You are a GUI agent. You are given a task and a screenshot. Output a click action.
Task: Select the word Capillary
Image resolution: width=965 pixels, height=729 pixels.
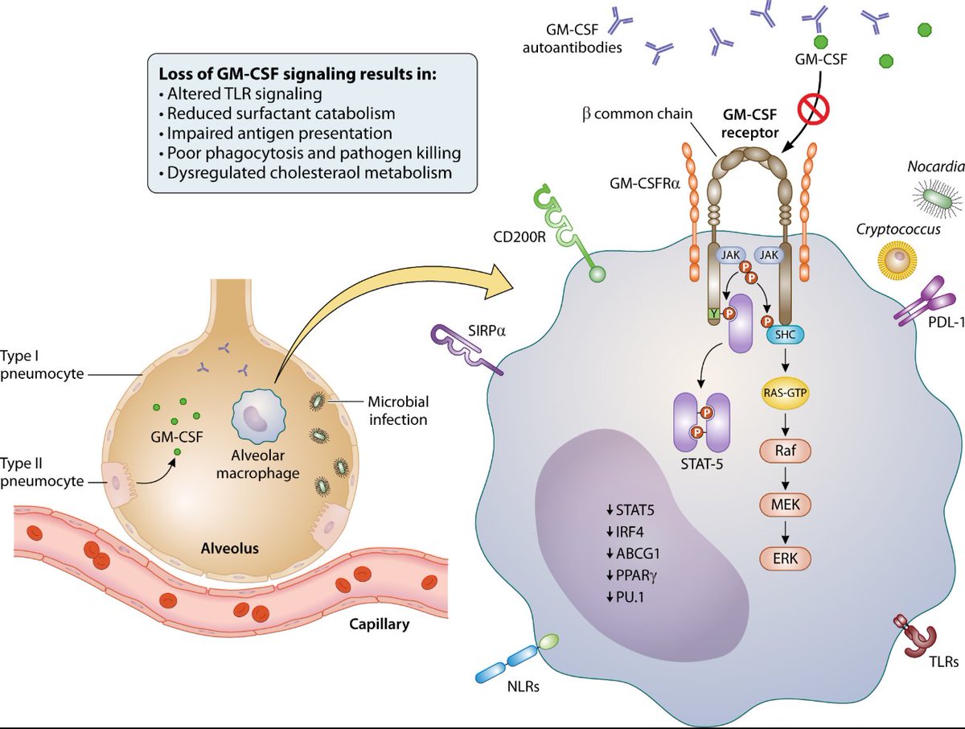[380, 624]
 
